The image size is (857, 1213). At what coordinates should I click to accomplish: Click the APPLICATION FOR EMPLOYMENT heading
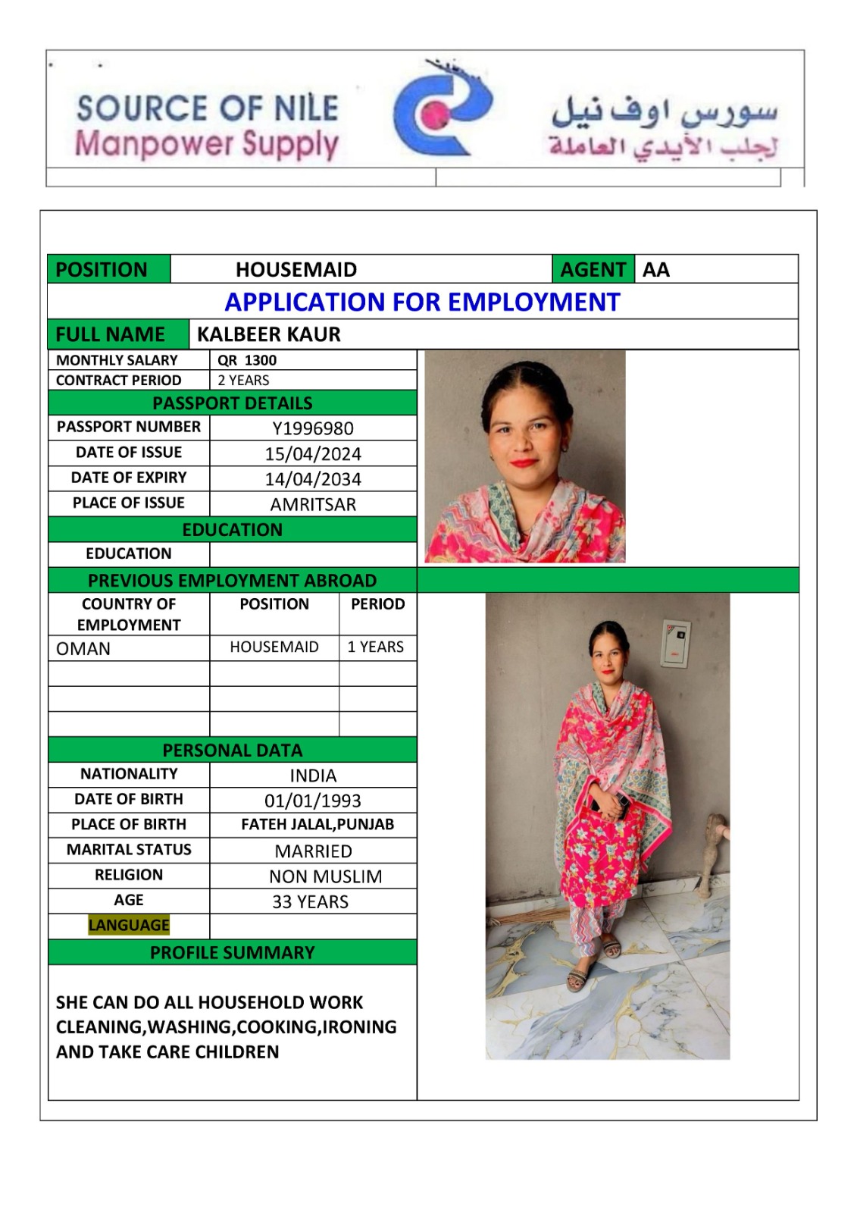click(422, 302)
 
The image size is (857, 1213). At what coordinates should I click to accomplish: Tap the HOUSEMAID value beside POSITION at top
click(296, 270)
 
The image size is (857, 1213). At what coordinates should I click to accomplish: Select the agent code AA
click(656, 270)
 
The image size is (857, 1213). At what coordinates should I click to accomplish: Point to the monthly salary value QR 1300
click(247, 360)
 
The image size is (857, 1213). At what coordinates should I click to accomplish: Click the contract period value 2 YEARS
click(243, 381)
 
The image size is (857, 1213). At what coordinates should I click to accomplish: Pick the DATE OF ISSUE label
click(129, 453)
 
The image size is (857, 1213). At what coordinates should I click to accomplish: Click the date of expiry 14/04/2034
click(313, 479)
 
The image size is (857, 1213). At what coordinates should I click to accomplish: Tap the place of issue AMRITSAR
click(313, 504)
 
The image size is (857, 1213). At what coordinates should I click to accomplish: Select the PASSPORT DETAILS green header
click(232, 403)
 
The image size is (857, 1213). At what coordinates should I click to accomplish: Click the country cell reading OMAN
click(83, 649)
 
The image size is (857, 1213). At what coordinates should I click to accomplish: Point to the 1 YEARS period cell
click(376, 647)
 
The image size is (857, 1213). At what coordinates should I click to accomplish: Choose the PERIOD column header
click(377, 604)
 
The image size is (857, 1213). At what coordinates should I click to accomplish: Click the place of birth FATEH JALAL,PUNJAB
click(317, 825)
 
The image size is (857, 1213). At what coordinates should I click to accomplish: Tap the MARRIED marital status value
click(313, 851)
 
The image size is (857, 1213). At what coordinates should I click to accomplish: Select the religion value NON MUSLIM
click(325, 876)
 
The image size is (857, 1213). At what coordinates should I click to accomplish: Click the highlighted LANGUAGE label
click(129, 925)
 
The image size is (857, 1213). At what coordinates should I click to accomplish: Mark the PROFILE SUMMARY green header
click(232, 953)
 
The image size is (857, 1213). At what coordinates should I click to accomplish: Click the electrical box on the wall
click(675, 644)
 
